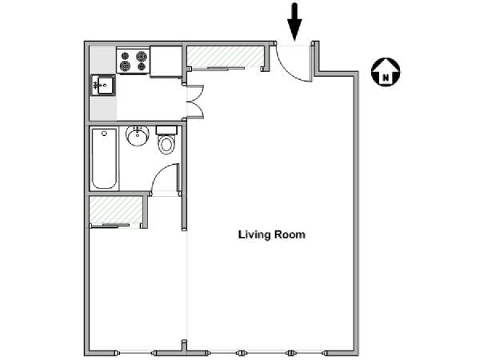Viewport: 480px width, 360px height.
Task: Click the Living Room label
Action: click(272, 234)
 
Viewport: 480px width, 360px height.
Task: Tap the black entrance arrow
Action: click(294, 22)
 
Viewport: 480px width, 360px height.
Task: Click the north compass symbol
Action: click(386, 72)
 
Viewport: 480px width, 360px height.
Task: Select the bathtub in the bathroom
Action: click(104, 159)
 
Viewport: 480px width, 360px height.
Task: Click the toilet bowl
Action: click(167, 145)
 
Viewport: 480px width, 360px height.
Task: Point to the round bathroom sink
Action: click(138, 136)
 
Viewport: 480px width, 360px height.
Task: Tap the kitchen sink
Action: click(103, 86)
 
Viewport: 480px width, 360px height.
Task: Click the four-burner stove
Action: click(133, 61)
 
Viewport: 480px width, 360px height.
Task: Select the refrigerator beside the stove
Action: click(166, 62)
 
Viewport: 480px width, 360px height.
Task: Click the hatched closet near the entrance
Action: click(226, 56)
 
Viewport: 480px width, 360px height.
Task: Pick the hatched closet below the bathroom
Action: click(116, 210)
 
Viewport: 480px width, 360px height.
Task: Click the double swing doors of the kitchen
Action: click(196, 102)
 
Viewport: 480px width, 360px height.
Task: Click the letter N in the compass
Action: click(386, 78)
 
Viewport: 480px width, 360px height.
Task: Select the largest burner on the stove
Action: click(142, 56)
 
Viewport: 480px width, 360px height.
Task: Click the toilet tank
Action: click(167, 130)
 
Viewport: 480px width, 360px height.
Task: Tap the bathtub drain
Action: click(104, 134)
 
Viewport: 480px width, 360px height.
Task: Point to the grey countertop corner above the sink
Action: click(102, 60)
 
